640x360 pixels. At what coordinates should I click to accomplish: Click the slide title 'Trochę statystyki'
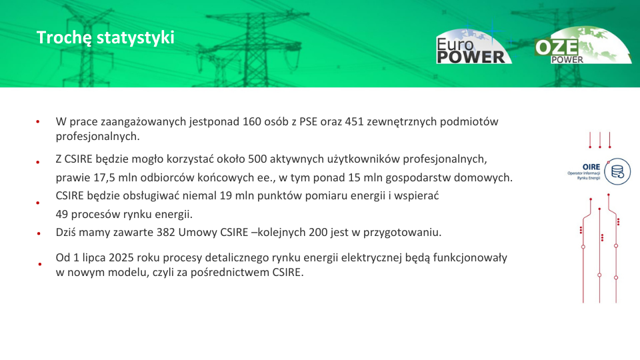105,37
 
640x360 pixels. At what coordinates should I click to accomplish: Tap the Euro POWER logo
473,46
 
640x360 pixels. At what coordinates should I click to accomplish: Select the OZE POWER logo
583,45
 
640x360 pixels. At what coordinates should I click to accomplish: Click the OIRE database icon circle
617,171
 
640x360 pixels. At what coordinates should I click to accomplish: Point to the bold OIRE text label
591,167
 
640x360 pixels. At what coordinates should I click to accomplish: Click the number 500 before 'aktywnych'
257,159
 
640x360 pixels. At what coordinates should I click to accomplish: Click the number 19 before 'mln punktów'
226,196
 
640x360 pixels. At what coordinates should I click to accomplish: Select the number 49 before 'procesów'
62,214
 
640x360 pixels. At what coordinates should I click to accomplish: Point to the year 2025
121,257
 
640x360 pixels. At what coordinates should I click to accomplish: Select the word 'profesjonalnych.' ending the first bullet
97,136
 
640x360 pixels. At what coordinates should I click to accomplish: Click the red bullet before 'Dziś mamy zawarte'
39,234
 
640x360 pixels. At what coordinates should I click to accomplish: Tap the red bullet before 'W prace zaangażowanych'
38,121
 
